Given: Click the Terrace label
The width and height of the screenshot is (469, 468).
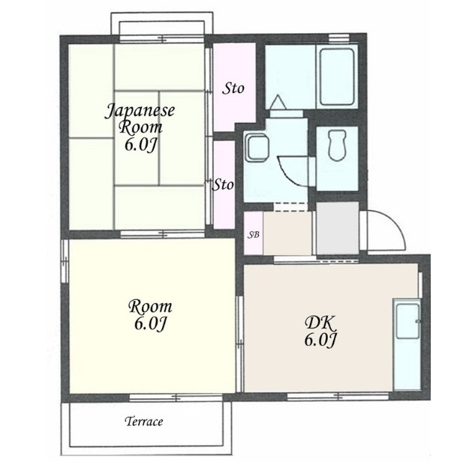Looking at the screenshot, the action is (x=144, y=421).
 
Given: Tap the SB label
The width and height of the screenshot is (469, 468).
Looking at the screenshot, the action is (x=253, y=235).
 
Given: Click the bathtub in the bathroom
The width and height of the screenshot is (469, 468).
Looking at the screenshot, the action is (x=337, y=77).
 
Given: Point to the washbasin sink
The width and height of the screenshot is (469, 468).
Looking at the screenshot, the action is (x=256, y=148).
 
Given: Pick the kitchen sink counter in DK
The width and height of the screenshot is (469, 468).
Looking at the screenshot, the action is (x=407, y=344).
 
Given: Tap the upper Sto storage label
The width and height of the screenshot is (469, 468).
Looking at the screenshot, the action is (x=233, y=88).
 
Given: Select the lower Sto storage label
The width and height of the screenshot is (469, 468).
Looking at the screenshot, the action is (x=223, y=184).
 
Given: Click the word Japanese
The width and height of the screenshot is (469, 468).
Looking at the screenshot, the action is (x=140, y=111).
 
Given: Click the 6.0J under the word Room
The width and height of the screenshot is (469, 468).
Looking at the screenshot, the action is (x=150, y=323).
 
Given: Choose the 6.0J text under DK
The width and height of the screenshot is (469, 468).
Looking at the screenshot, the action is (x=320, y=340).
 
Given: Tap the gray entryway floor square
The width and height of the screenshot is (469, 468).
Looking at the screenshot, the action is (x=338, y=228).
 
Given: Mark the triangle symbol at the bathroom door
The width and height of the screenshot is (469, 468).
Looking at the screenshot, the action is (x=278, y=101).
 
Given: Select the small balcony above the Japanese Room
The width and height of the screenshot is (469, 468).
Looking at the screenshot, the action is (x=162, y=24).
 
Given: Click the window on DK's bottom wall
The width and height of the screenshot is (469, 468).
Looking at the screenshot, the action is (x=338, y=397).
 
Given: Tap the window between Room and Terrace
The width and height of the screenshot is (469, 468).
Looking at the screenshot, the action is (x=176, y=397).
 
